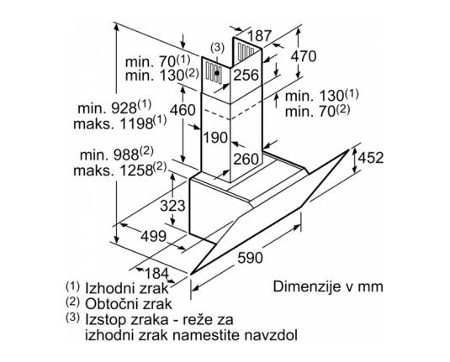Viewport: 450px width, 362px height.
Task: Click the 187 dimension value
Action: (x=259, y=36)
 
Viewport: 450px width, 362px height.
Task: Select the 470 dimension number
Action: (x=304, y=56)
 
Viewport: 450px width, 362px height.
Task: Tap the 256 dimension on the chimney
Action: (x=246, y=75)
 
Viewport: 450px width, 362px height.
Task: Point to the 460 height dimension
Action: (x=183, y=109)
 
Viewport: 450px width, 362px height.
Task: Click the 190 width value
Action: (x=215, y=137)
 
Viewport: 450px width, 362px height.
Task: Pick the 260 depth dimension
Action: (x=246, y=159)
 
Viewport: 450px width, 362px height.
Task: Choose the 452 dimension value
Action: (x=371, y=158)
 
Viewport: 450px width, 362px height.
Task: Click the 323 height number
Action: (x=172, y=206)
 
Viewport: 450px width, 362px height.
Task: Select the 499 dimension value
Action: (x=154, y=236)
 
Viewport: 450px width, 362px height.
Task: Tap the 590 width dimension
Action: (x=251, y=258)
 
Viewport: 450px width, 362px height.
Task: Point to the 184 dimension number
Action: (x=156, y=273)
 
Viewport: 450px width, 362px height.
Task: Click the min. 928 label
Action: (x=114, y=107)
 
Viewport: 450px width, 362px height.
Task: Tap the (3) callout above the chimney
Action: (x=217, y=48)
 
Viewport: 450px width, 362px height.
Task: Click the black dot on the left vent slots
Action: (x=217, y=73)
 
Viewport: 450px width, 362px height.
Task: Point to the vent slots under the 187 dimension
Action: (x=246, y=51)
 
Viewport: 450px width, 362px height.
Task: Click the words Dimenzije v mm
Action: (x=328, y=286)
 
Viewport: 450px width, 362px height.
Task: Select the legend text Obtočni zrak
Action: (x=129, y=304)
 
